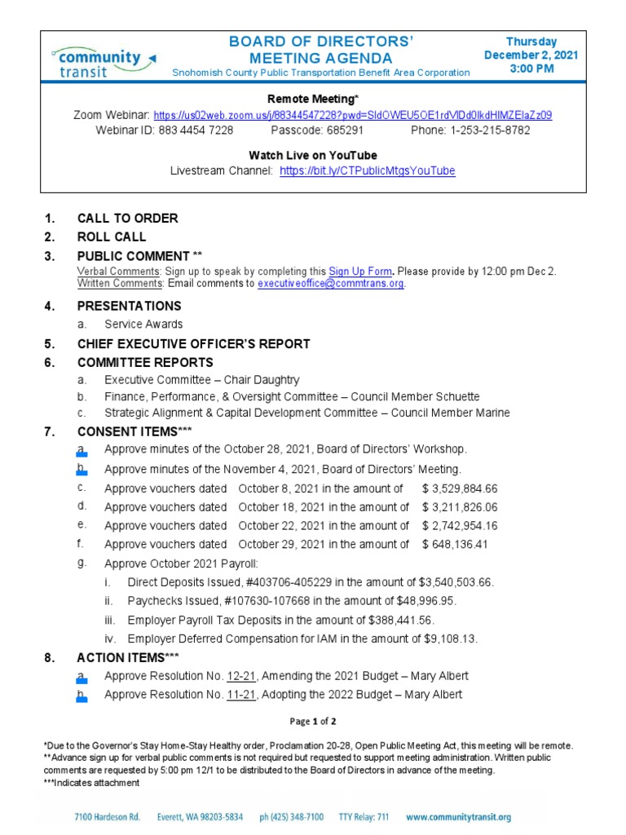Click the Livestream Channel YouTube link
tap(367, 171)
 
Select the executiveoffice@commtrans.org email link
tap(331, 284)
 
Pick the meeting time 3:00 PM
tap(531, 69)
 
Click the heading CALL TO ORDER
tap(127, 219)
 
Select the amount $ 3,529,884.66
tap(460, 488)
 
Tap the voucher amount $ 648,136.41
tap(454, 544)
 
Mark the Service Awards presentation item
tap(143, 325)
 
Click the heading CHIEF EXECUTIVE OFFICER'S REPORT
tap(193, 343)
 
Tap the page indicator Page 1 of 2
tap(313, 722)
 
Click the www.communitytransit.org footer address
tap(458, 817)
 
